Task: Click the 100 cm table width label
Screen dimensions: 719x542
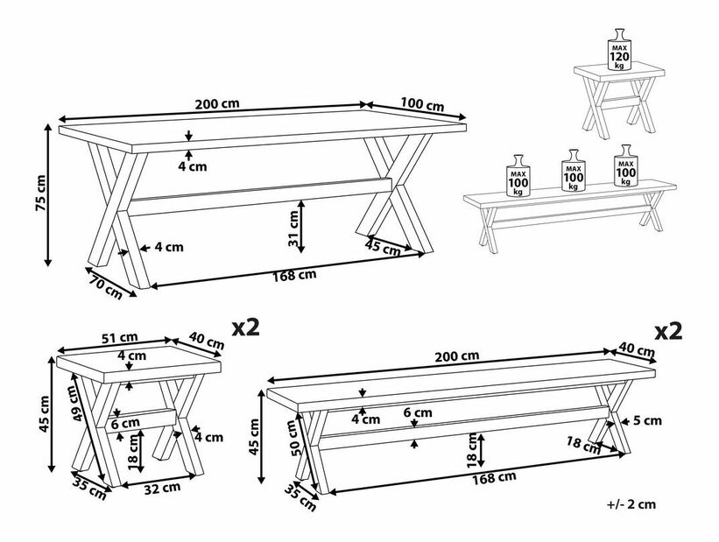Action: point(422,104)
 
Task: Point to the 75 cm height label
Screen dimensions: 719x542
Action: point(41,194)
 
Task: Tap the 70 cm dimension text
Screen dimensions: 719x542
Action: point(106,286)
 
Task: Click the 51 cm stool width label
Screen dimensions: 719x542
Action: point(119,337)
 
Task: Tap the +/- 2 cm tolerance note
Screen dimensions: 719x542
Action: point(631,504)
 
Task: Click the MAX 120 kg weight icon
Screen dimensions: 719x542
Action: point(619,49)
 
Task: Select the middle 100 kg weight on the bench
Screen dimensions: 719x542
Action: point(573,170)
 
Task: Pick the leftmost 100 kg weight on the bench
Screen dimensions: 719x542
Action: point(518,175)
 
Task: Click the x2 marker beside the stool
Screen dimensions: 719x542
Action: point(246,327)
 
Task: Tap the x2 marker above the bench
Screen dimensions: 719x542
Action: point(668,331)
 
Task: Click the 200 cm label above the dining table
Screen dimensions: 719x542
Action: point(217,103)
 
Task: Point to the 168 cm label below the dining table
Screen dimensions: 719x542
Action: point(294,276)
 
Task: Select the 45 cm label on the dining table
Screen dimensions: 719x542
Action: point(383,248)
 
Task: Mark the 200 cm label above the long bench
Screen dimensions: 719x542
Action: point(457,355)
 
